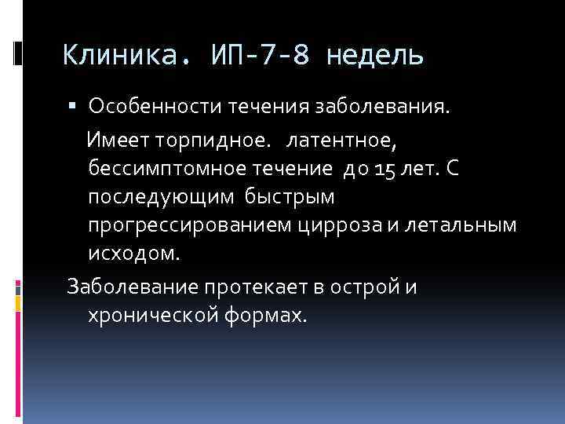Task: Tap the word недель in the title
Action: coord(374,55)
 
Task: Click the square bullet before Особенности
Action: coord(75,106)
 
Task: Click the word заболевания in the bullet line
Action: coord(385,106)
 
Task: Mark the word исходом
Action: coord(133,254)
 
